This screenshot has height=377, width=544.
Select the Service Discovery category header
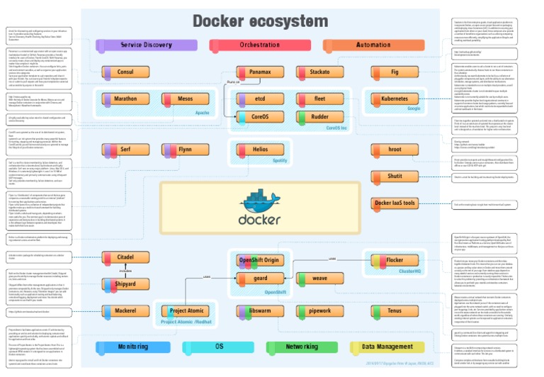tap(146, 45)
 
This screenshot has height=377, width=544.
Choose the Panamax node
tap(260, 72)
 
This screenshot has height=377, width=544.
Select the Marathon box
tap(125, 99)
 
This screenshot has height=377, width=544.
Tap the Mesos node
tap(185, 99)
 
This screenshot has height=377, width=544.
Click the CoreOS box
tap(260, 116)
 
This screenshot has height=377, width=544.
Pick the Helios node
tap(260, 150)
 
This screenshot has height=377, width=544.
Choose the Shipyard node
tap(125, 284)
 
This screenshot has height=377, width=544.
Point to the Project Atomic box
tap(187, 311)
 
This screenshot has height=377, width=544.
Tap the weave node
tap(319, 279)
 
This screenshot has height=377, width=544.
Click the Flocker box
tap(395, 261)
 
